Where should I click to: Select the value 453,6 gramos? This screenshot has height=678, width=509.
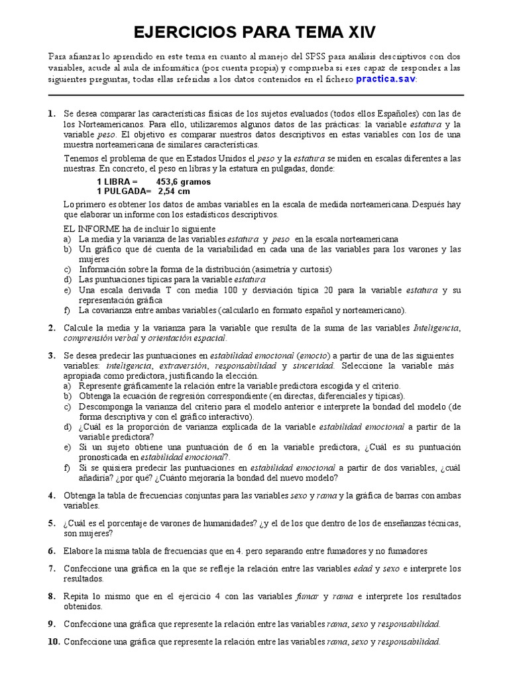tap(184, 181)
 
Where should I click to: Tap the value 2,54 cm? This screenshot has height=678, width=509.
tap(174, 191)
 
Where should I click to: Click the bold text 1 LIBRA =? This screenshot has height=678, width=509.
tap(117, 181)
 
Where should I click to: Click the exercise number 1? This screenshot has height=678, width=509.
tap(51, 114)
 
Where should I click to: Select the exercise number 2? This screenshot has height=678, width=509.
tap(51, 328)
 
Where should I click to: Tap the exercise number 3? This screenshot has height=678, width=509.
tap(51, 356)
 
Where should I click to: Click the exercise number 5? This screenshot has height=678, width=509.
tap(51, 523)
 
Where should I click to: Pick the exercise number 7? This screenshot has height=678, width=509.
tap(51, 569)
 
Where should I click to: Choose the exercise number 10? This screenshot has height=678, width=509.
tap(53, 642)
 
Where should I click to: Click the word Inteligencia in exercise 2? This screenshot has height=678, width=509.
tap(436, 328)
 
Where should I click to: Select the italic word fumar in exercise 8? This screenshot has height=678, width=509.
tap(308, 597)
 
